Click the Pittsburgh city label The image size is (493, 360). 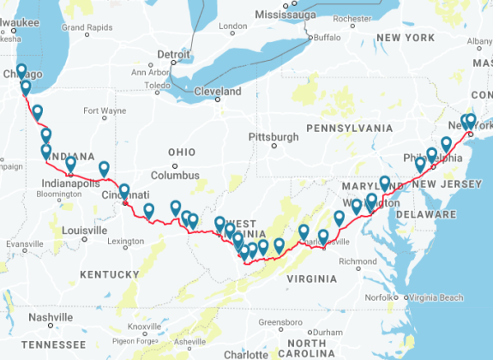click(274, 136)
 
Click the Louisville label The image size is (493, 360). click(83, 231)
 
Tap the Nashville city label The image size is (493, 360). click(51, 316)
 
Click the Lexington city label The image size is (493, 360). click(127, 243)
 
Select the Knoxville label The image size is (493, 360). click(143, 327)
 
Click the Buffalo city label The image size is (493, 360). click(327, 37)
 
